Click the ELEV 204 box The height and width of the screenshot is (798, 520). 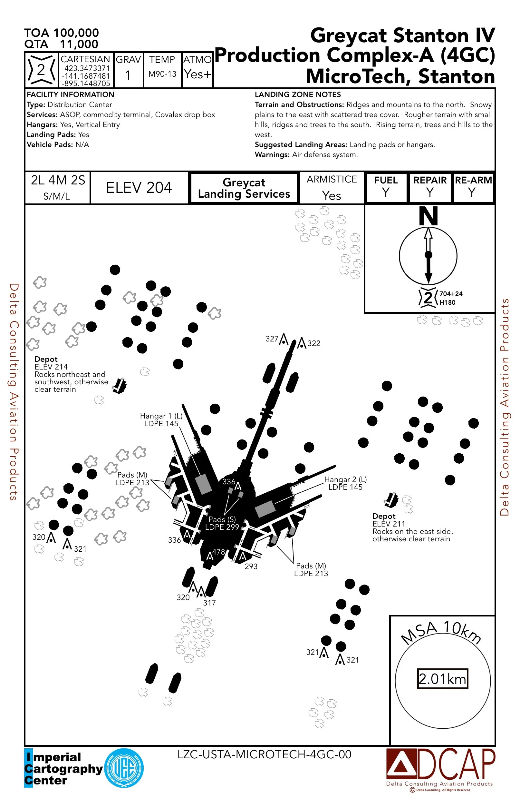pyautogui.click(x=139, y=187)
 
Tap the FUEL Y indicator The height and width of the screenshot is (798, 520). pyautogui.click(x=386, y=187)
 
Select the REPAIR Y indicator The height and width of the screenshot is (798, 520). pyautogui.click(x=430, y=187)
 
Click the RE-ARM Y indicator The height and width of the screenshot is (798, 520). pyautogui.click(x=473, y=187)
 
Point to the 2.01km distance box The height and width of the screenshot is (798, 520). pyautogui.click(x=442, y=679)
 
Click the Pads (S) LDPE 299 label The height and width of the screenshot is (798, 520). pyautogui.click(x=222, y=523)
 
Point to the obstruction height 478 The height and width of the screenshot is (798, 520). pyautogui.click(x=218, y=552)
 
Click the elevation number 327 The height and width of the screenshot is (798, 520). pyautogui.click(x=272, y=339)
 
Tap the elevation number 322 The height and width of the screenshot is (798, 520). pyautogui.click(x=314, y=343)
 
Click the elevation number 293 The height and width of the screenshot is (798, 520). pyautogui.click(x=251, y=566)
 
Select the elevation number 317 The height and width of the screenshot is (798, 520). pyautogui.click(x=209, y=603)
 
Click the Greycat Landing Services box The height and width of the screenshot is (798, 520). pyautogui.click(x=244, y=188)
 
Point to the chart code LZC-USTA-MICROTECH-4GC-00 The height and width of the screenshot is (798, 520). pyautogui.click(x=265, y=754)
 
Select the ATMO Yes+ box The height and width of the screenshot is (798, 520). pyautogui.click(x=197, y=70)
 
